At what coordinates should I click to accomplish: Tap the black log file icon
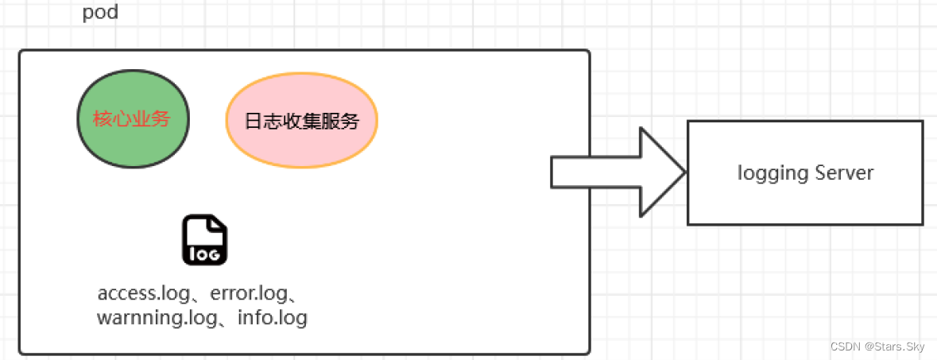pos(204,239)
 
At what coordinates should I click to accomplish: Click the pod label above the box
pos(100,13)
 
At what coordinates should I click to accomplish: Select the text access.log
pos(144,293)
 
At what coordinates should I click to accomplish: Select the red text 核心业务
pos(132,120)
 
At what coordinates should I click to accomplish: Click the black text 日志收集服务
pos(301,122)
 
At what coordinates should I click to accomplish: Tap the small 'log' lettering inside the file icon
pos(204,254)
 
